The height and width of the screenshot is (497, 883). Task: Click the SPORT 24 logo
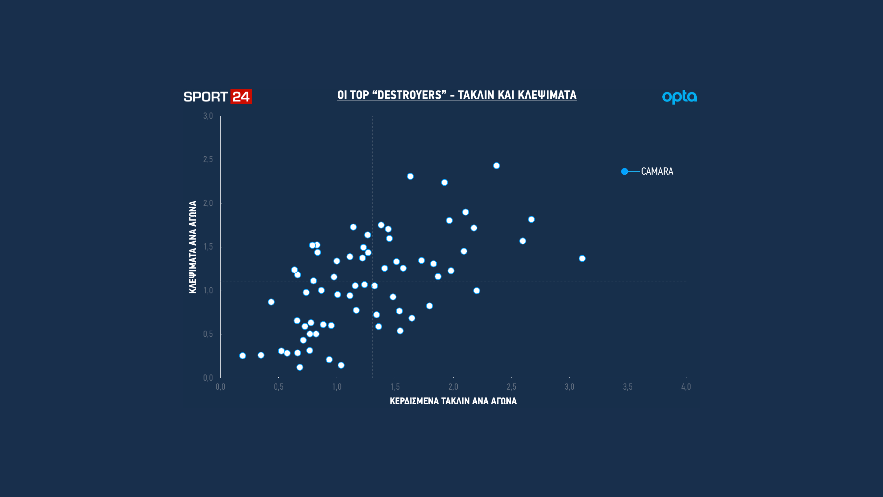click(217, 97)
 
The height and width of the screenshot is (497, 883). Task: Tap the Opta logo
click(679, 97)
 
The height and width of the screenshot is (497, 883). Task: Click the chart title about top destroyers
click(457, 95)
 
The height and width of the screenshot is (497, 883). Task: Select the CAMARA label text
click(657, 171)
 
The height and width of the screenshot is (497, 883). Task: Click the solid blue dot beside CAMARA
click(624, 172)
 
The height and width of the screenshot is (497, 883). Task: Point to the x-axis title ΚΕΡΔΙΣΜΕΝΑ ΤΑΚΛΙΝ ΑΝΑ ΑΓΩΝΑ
click(453, 401)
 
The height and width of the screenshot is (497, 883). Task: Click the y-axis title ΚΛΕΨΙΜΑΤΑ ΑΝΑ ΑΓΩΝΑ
click(192, 247)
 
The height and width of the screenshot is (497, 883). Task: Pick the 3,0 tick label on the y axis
click(208, 116)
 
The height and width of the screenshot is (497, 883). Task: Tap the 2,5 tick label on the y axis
click(208, 159)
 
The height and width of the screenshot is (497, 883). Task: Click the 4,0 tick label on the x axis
click(686, 387)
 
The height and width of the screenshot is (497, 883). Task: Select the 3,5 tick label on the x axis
click(627, 387)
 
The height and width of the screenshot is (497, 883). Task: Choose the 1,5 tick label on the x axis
click(395, 387)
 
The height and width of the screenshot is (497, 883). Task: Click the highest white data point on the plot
click(496, 166)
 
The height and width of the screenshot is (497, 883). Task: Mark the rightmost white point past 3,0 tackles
click(582, 259)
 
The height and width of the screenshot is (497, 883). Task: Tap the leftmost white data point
click(242, 355)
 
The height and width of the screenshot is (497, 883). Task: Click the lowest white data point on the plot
click(300, 367)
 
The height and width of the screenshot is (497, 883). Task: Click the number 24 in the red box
click(241, 97)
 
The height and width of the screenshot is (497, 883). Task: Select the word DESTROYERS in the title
click(410, 95)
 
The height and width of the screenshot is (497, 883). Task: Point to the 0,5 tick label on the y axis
click(208, 334)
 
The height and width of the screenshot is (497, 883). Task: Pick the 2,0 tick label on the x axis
click(453, 387)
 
